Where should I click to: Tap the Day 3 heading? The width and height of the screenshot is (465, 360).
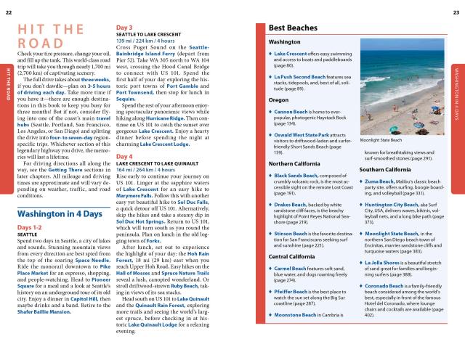(x=124, y=28)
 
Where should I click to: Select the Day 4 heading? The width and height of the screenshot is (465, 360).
(x=124, y=157)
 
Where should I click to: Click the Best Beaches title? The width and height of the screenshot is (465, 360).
(x=294, y=28)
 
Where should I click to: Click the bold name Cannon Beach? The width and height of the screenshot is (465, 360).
(x=293, y=111)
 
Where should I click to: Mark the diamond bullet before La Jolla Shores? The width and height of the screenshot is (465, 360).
(x=360, y=260)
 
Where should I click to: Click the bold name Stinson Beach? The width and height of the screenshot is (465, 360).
(x=294, y=213)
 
